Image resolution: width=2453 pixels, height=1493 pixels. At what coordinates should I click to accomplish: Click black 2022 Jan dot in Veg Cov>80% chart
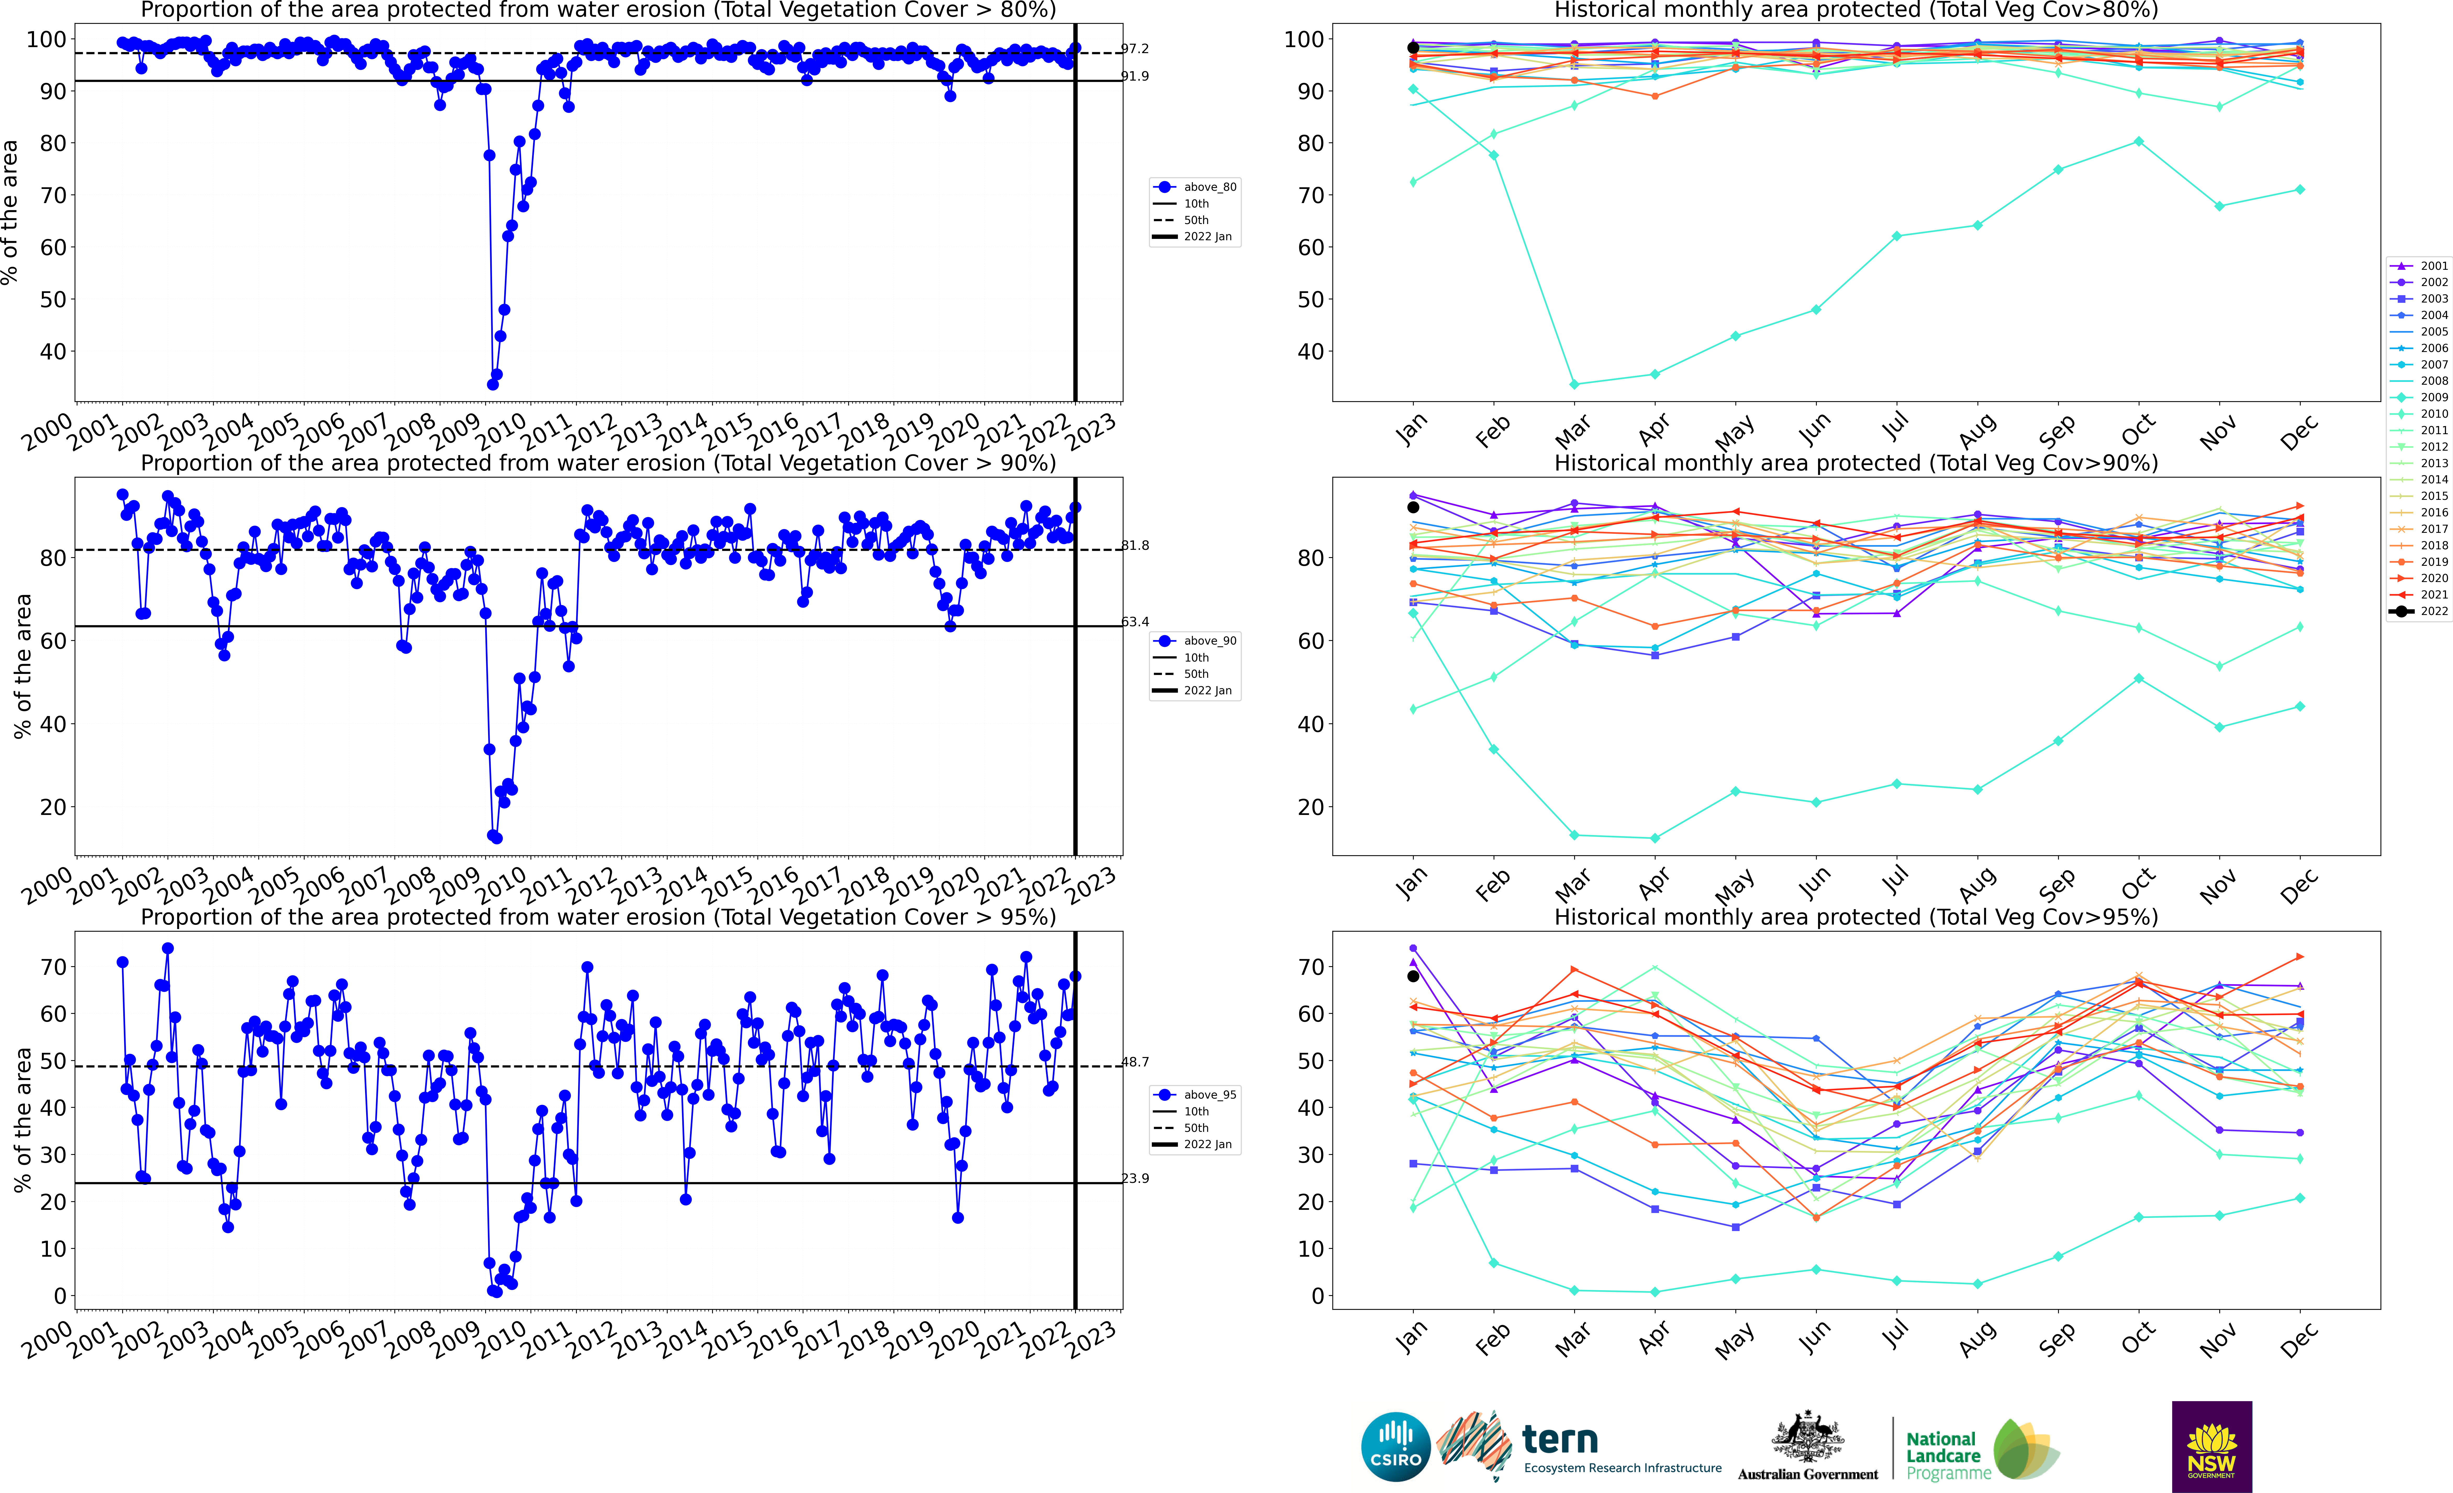coord(1413,48)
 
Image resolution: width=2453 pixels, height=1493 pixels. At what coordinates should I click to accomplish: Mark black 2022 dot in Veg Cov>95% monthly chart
coord(1413,976)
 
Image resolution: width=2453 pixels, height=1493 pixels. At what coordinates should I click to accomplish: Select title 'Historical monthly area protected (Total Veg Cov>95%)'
coord(1856,917)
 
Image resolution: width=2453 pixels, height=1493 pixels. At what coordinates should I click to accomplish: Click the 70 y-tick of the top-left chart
coord(52,195)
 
